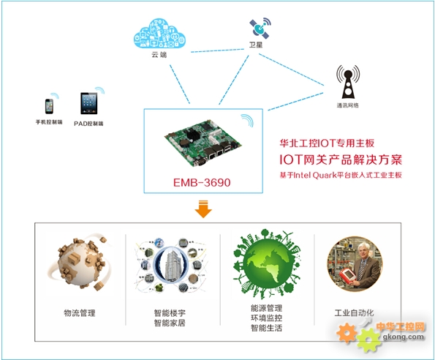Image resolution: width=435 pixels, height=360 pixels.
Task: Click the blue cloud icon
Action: (159, 34)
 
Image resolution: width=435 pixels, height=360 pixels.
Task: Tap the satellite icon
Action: (260, 29)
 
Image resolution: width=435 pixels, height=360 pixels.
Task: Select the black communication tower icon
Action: (348, 82)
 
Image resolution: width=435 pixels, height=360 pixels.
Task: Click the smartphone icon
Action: (50, 106)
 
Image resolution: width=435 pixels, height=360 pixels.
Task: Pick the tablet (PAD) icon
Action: (88, 103)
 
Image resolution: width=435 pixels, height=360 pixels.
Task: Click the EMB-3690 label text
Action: (202, 183)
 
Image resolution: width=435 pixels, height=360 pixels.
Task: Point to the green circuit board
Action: (203, 143)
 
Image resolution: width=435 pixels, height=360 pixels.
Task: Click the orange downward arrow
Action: (203, 209)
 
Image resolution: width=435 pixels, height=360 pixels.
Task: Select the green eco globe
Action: (267, 263)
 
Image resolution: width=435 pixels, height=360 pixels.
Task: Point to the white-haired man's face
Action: (364, 251)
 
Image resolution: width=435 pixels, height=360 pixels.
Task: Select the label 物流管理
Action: (80, 313)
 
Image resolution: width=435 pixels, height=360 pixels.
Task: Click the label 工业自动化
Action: (354, 313)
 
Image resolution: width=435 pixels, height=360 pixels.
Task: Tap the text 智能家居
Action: (170, 323)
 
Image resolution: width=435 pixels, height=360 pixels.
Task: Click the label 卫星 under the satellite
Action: (255, 45)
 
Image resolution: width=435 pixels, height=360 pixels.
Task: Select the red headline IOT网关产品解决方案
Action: (341, 160)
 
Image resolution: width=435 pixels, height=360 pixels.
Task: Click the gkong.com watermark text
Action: (404, 337)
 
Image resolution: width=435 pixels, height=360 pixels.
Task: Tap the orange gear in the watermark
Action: (347, 333)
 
